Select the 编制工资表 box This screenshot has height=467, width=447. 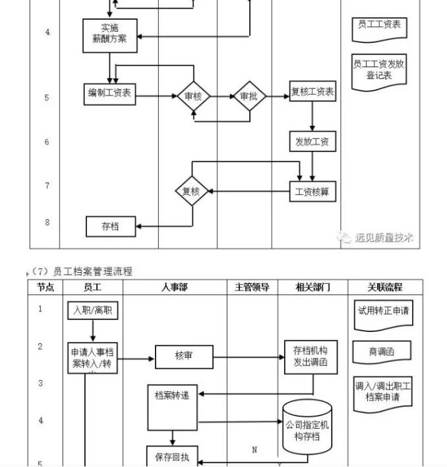click(x=109, y=94)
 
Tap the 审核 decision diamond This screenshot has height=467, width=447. click(x=193, y=97)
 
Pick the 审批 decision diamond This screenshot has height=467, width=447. click(x=249, y=97)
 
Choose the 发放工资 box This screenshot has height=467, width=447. click(x=313, y=141)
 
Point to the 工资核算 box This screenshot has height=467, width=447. click(x=313, y=192)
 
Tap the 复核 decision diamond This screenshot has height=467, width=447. click(x=191, y=192)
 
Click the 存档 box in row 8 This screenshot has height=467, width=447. click(x=110, y=226)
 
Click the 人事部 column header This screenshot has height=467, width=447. click(x=175, y=287)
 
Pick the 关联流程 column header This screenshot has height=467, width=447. click(x=384, y=287)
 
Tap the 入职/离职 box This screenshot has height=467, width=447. click(x=93, y=310)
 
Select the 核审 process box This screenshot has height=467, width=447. click(x=184, y=357)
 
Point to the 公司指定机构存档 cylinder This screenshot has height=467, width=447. click(x=307, y=427)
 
